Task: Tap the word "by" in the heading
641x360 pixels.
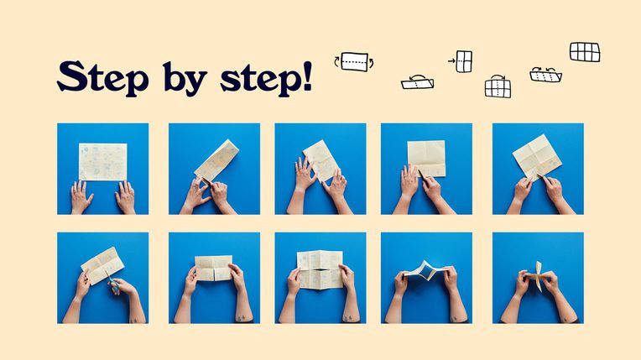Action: [x=185, y=79]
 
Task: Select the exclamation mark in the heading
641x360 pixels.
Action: [x=306, y=76]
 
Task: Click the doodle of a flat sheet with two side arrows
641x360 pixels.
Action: [x=354, y=62]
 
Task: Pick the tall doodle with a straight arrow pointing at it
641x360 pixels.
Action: [x=461, y=62]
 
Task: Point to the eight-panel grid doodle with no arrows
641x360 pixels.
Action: [x=585, y=52]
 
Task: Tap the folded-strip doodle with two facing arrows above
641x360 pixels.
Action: [x=545, y=75]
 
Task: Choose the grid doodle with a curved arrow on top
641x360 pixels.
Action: [x=498, y=86]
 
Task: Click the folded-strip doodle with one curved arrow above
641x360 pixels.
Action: [x=417, y=82]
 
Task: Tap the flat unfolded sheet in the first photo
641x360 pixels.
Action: [x=102, y=162]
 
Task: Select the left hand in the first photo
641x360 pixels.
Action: [x=81, y=197]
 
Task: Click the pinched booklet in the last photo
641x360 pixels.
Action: [x=538, y=276]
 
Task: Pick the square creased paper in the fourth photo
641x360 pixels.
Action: [x=426, y=159]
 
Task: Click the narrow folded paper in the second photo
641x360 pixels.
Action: [x=216, y=162]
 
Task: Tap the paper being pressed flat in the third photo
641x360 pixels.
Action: [x=321, y=161]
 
